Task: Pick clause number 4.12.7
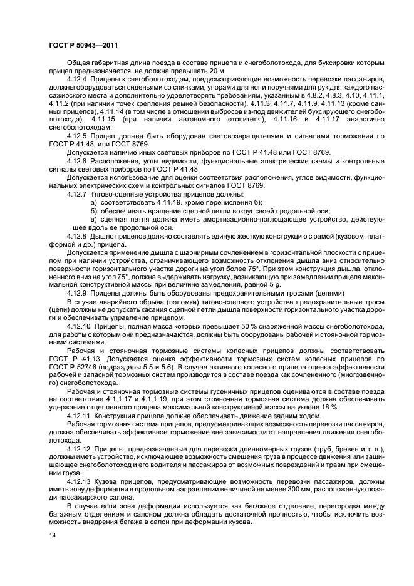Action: pos(78,195)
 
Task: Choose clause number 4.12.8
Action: pos(78,239)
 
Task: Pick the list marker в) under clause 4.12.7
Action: pos(94,221)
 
